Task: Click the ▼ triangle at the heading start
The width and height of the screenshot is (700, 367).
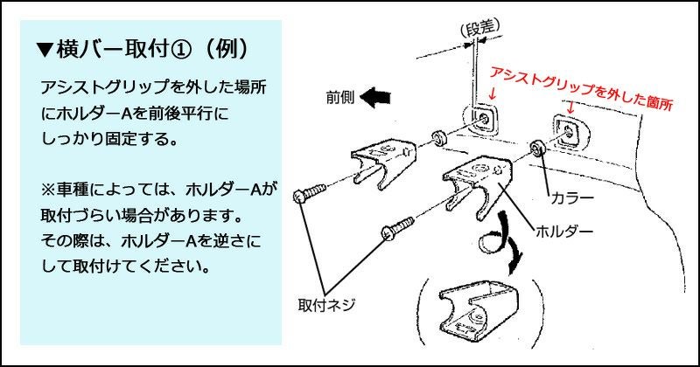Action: click(45, 48)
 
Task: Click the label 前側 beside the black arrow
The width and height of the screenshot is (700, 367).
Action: click(339, 96)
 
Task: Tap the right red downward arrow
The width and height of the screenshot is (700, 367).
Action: click(570, 107)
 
